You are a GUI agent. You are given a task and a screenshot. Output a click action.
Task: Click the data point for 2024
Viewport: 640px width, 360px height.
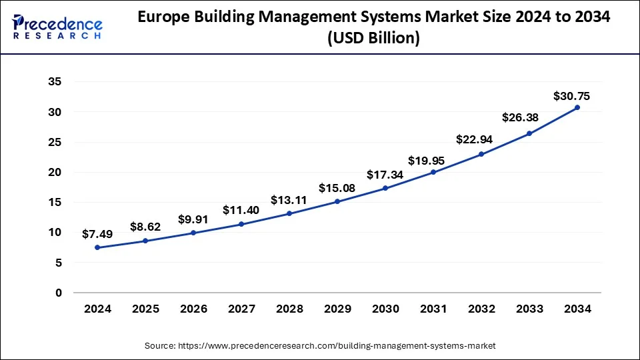97,247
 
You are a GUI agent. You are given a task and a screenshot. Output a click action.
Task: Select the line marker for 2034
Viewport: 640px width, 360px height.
577,107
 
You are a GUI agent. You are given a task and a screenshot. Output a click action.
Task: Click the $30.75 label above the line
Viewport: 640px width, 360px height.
571,96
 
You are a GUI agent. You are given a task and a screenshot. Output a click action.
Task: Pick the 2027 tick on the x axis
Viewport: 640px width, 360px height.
241,309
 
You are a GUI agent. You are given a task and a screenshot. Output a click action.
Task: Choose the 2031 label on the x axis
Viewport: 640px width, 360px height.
433,309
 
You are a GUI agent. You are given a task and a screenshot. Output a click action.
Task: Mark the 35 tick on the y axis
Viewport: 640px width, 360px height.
55,82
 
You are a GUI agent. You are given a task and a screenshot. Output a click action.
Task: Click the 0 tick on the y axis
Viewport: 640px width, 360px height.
58,293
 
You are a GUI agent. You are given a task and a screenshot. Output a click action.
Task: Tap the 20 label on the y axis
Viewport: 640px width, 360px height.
55,172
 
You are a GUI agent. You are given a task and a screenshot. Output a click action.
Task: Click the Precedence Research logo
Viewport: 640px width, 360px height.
57,26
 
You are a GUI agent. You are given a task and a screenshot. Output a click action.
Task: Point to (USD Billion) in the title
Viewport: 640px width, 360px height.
373,39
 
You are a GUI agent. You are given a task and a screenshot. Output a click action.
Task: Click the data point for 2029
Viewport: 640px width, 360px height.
337,201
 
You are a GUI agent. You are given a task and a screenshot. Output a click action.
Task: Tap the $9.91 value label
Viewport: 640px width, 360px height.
194,219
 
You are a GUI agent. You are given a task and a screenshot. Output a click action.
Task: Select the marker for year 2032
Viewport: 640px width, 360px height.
481,154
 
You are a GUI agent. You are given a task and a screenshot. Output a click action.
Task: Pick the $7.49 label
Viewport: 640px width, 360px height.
97,234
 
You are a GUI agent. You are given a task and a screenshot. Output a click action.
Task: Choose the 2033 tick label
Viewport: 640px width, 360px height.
529,309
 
